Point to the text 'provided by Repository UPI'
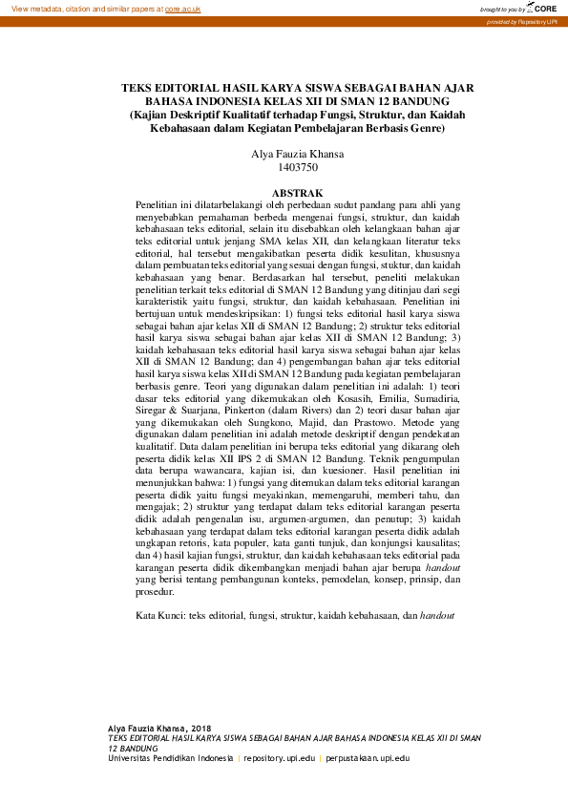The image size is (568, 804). [x=524, y=20]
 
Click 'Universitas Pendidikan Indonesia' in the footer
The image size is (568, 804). [x=170, y=758]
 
